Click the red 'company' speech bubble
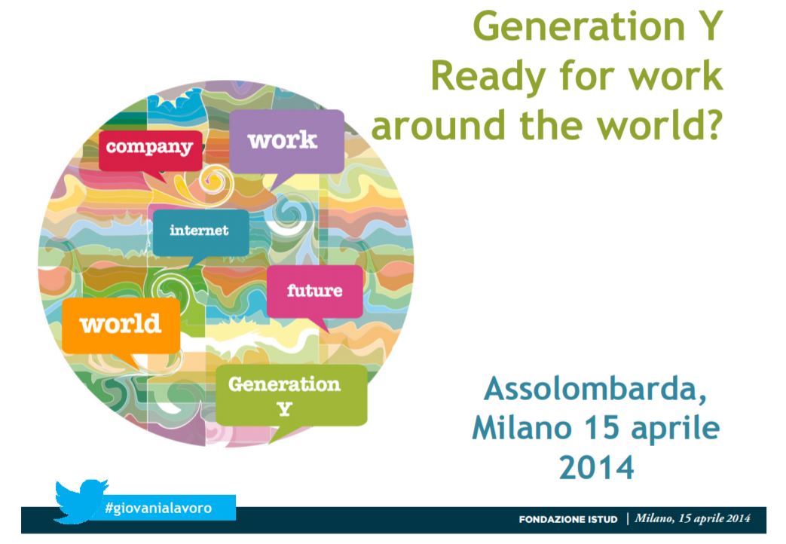(151, 151)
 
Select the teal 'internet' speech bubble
(200, 233)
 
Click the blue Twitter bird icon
(80, 501)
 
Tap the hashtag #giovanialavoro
(158, 508)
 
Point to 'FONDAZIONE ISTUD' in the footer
(568, 519)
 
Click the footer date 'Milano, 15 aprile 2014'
(693, 518)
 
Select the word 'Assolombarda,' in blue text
(595, 389)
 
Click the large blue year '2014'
(596, 467)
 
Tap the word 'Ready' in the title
(488, 78)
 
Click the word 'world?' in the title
(659, 125)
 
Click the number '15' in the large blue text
(601, 428)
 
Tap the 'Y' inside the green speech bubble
(285, 410)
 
